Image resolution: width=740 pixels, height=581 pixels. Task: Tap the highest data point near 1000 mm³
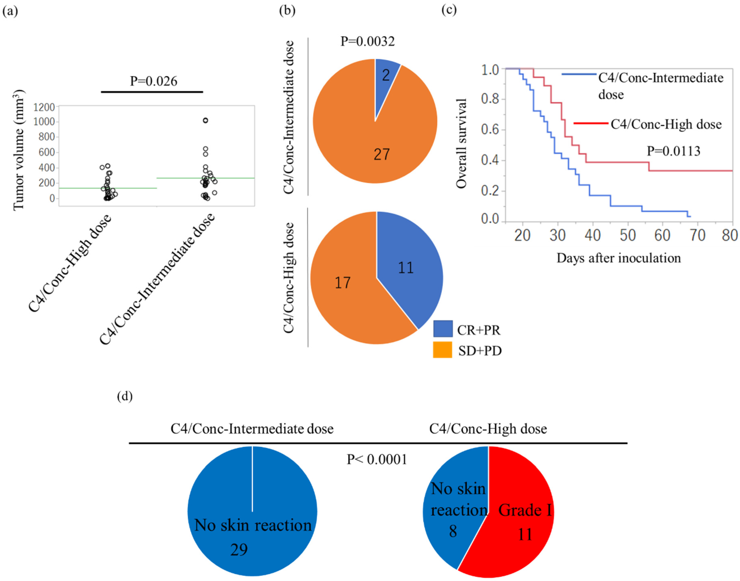205,120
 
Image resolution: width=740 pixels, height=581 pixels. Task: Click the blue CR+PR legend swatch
443,329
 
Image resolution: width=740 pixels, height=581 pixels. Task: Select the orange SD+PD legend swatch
443,350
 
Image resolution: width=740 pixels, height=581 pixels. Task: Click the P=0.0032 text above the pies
368,41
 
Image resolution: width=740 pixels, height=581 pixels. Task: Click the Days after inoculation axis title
619,258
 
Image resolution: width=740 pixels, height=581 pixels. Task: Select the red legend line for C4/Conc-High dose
591,123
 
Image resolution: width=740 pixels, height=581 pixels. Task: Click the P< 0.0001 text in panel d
377,460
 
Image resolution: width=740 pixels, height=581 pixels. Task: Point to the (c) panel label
449,10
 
